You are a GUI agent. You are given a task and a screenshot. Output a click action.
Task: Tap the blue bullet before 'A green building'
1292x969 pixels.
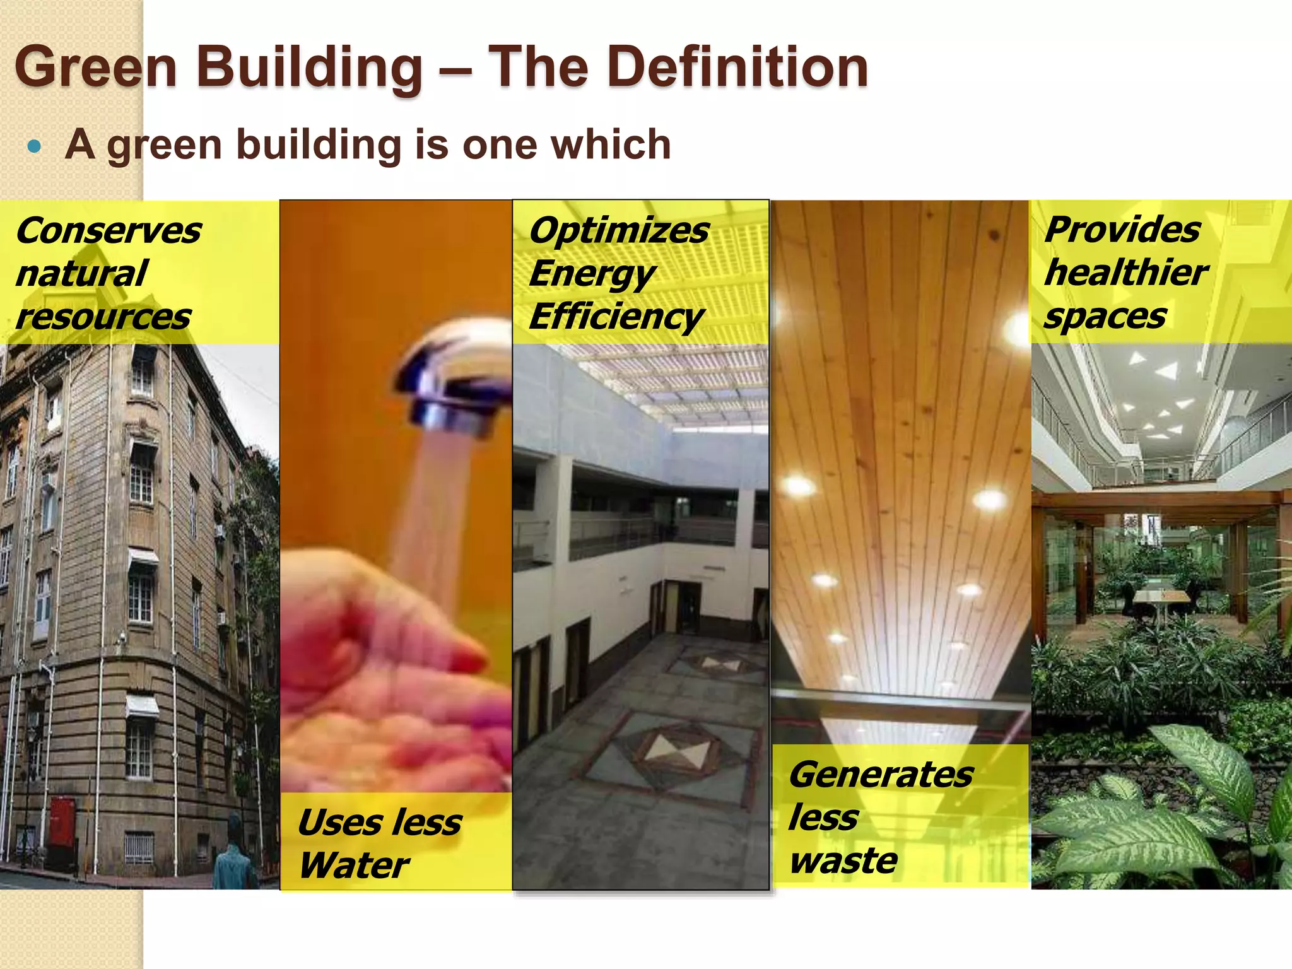tap(35, 148)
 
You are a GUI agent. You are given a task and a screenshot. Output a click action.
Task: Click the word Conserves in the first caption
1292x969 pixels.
tap(109, 231)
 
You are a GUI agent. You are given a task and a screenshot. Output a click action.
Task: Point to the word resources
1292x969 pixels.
tap(103, 317)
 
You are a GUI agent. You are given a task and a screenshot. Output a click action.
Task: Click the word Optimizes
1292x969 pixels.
tap(619, 231)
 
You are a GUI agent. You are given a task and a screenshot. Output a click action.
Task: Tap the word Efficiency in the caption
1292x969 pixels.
tap(616, 317)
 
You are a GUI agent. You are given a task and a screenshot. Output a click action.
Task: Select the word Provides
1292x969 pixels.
tap(1122, 230)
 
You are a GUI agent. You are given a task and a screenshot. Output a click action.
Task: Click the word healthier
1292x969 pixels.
tap(1126, 273)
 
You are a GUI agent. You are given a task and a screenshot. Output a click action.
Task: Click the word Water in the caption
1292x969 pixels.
tap(354, 865)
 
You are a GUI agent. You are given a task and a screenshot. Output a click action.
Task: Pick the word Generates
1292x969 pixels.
tap(881, 775)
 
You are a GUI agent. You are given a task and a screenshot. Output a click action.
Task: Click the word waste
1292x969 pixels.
tap(843, 860)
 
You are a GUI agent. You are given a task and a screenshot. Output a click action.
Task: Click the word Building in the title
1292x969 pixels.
tap(309, 68)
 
